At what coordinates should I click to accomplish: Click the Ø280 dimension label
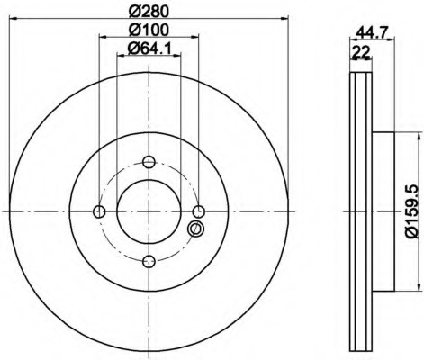[149, 11]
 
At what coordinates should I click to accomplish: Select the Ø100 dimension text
[149, 30]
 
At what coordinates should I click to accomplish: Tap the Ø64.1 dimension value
[149, 48]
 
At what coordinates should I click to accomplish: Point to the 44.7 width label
[372, 31]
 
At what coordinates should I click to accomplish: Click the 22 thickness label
[361, 52]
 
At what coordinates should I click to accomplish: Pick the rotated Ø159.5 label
[412, 211]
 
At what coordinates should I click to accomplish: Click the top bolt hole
[149, 162]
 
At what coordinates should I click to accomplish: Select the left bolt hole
[99, 211]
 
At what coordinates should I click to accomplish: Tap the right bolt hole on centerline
[198, 211]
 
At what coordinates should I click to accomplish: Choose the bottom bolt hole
[149, 261]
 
